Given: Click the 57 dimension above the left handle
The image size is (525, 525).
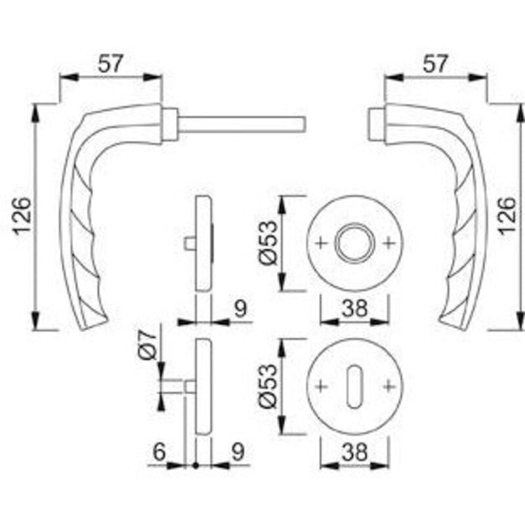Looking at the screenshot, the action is (111, 64).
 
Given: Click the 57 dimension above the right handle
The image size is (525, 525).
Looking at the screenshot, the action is (435, 64).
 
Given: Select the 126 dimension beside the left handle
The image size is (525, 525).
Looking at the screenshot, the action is (22, 216).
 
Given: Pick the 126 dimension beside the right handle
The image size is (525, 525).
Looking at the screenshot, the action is (507, 216).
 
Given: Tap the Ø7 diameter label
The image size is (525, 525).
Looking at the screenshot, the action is (147, 345).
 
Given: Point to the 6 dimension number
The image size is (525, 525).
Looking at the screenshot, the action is (159, 452).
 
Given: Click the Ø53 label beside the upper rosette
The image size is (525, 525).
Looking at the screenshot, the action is (268, 242).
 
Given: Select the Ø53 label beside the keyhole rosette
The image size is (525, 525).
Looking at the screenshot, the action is (268, 386).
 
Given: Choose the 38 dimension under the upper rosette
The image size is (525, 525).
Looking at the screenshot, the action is (354, 308).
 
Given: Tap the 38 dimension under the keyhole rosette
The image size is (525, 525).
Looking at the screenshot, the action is (354, 452).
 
